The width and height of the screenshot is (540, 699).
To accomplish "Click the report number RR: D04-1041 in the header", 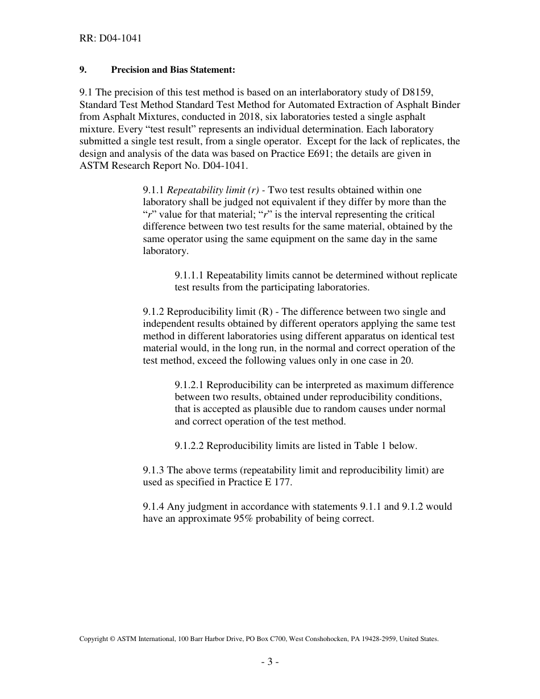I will tap(110, 39).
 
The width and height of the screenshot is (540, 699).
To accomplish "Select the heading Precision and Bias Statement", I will tap(173, 70).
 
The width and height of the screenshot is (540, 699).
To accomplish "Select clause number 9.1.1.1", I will tap(189, 275).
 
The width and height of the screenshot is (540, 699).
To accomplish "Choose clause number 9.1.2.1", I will tap(189, 385).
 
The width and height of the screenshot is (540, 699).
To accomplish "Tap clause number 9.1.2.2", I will tap(189, 446).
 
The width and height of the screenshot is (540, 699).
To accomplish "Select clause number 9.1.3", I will tap(153, 470).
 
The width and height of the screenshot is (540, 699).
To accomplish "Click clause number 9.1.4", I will tap(153, 506).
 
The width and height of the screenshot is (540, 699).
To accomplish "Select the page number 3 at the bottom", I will tap(270, 661).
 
